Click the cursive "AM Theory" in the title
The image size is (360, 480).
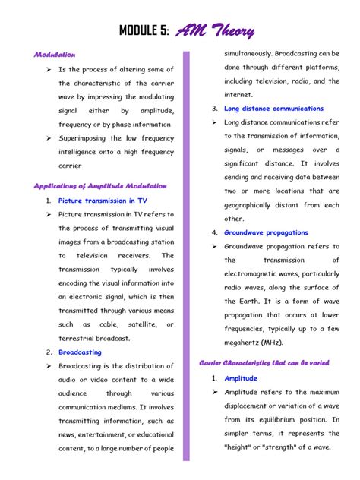[x=216, y=31]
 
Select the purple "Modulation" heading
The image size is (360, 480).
[x=55, y=55]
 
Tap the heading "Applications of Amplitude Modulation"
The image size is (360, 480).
[x=100, y=185]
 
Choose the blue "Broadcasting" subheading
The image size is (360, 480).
[x=80, y=352]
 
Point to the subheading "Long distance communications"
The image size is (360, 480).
[x=273, y=109]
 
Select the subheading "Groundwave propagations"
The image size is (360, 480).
[x=266, y=232]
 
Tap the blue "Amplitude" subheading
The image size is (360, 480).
[x=241, y=378]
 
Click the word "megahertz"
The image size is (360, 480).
[x=243, y=342]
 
